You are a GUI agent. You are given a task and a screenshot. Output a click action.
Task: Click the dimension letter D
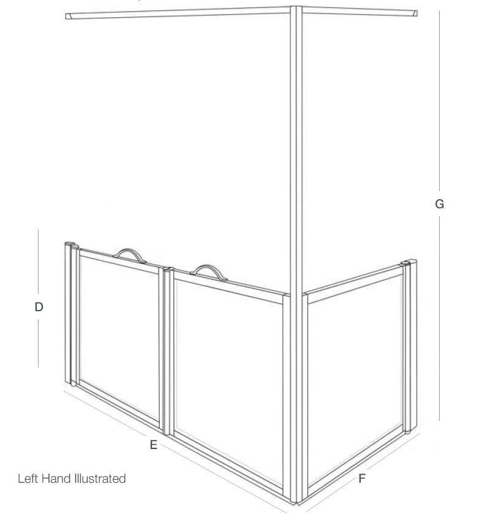39,307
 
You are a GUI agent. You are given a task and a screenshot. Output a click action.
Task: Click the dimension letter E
154,445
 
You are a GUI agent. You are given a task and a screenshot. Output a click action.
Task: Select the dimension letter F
362,478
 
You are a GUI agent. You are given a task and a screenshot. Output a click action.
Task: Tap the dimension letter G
439,204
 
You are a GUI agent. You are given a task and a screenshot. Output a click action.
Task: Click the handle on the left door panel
129,254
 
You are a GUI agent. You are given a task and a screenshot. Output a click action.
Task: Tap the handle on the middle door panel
206,271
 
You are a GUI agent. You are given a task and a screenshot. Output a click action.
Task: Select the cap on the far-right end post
405,264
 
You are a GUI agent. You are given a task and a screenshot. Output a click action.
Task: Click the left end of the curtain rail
69,16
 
